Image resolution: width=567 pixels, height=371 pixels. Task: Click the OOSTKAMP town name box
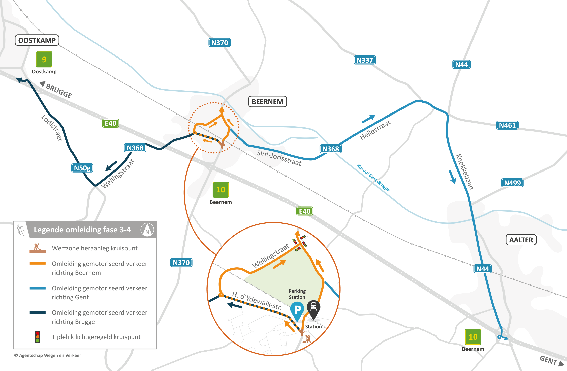coord(37,40)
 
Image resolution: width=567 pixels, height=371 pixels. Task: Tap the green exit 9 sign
coord(44,59)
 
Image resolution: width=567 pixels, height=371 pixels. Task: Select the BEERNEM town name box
coord(267,102)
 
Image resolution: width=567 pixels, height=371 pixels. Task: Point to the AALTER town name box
coord(521,240)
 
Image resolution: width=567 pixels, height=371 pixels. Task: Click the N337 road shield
coord(365,60)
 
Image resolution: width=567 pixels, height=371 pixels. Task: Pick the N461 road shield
coord(507,125)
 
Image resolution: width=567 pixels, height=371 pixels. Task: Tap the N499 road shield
coord(512,183)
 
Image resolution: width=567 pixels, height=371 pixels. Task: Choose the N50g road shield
coord(82,168)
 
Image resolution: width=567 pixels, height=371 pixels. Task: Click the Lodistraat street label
coord(52,128)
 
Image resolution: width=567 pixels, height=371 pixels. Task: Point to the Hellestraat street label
coord(375,130)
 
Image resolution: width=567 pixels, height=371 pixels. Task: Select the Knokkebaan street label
coord(465,172)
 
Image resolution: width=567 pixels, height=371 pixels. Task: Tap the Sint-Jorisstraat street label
coord(279,158)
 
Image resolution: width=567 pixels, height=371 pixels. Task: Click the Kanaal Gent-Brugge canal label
coord(373,178)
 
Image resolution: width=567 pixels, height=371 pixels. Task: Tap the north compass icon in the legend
coord(147,230)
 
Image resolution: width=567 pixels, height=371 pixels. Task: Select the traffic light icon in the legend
coord(38,337)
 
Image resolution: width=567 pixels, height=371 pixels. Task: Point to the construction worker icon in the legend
coord(38,248)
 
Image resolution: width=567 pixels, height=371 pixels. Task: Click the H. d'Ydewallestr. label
coord(257,300)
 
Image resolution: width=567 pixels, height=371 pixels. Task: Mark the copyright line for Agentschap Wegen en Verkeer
coord(48,355)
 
